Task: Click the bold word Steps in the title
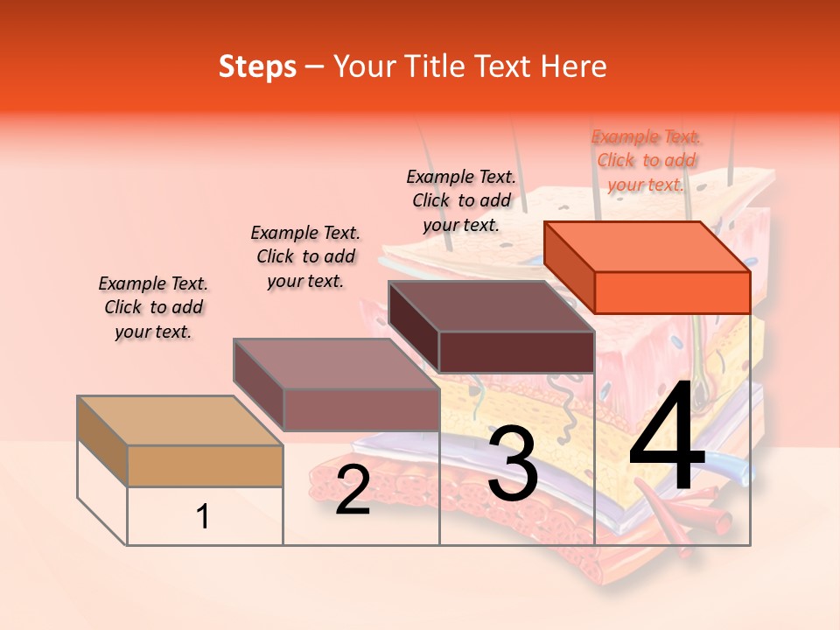pyautogui.click(x=257, y=66)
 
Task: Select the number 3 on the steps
pyautogui.click(x=513, y=463)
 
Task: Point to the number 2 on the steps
pyautogui.click(x=353, y=490)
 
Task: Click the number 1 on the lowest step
pyautogui.click(x=203, y=517)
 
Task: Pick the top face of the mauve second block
pyautogui.click(x=336, y=363)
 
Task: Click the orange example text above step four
pyautogui.click(x=646, y=160)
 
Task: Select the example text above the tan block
pyautogui.click(x=153, y=307)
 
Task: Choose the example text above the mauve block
pyautogui.click(x=305, y=256)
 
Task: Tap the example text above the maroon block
pyautogui.click(x=461, y=200)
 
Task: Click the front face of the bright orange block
pyautogui.click(x=672, y=292)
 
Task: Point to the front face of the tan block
pyautogui.click(x=205, y=465)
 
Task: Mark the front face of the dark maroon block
pyautogui.click(x=516, y=352)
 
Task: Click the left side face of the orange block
pyautogui.click(x=569, y=267)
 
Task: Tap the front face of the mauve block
pyautogui.click(x=360, y=409)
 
